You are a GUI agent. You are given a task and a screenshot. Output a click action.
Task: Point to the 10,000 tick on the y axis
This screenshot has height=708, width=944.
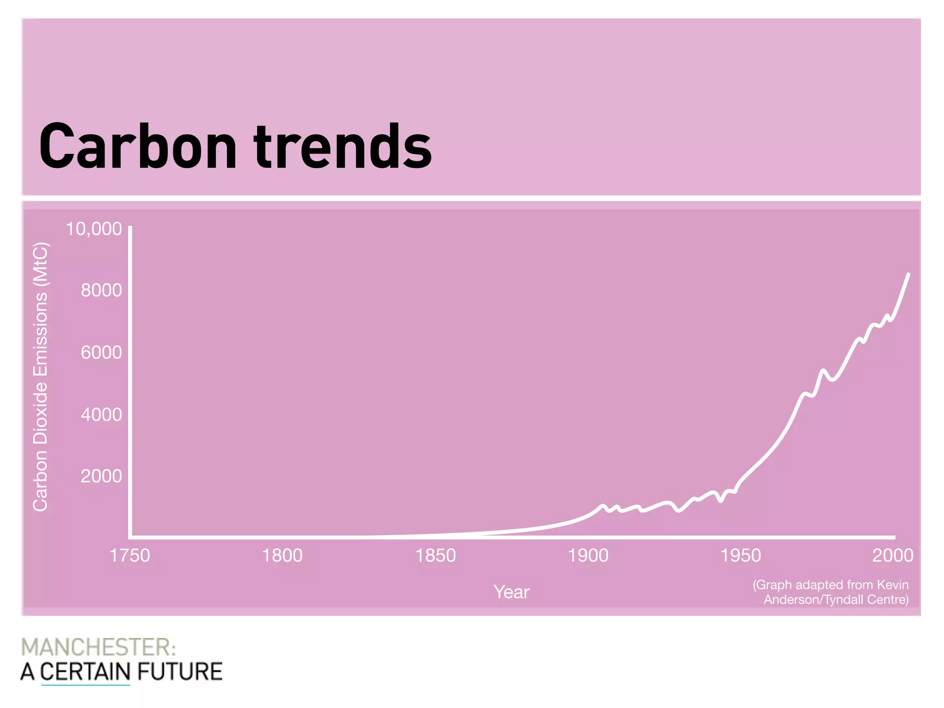point(94,229)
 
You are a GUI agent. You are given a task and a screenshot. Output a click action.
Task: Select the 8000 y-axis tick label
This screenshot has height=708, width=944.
point(101,290)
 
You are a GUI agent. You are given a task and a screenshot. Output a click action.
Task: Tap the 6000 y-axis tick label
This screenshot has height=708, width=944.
point(101,353)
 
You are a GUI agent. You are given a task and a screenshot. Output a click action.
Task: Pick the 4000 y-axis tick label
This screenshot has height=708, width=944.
point(101,414)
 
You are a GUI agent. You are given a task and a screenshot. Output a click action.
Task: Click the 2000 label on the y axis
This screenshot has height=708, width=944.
point(101,476)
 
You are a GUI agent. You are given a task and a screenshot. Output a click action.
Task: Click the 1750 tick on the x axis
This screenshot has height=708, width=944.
point(130,555)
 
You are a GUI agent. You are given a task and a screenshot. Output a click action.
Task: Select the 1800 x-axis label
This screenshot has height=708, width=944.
point(282,555)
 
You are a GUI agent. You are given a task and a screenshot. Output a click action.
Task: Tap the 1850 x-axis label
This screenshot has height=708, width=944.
point(435,555)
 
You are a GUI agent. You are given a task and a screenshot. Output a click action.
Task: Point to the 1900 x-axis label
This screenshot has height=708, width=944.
point(588,555)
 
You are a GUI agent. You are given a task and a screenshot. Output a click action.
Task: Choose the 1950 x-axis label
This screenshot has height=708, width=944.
point(740,555)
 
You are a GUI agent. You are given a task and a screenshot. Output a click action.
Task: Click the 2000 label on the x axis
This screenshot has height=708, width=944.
point(892,555)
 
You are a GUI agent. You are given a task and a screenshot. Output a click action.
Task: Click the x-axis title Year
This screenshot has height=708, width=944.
point(511,592)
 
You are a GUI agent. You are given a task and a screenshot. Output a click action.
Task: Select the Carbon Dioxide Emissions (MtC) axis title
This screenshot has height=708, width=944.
point(41,377)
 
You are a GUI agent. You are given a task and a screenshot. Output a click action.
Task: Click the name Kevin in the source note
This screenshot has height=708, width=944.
point(892,584)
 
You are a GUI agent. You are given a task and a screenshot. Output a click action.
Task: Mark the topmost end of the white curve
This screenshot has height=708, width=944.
point(908,275)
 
